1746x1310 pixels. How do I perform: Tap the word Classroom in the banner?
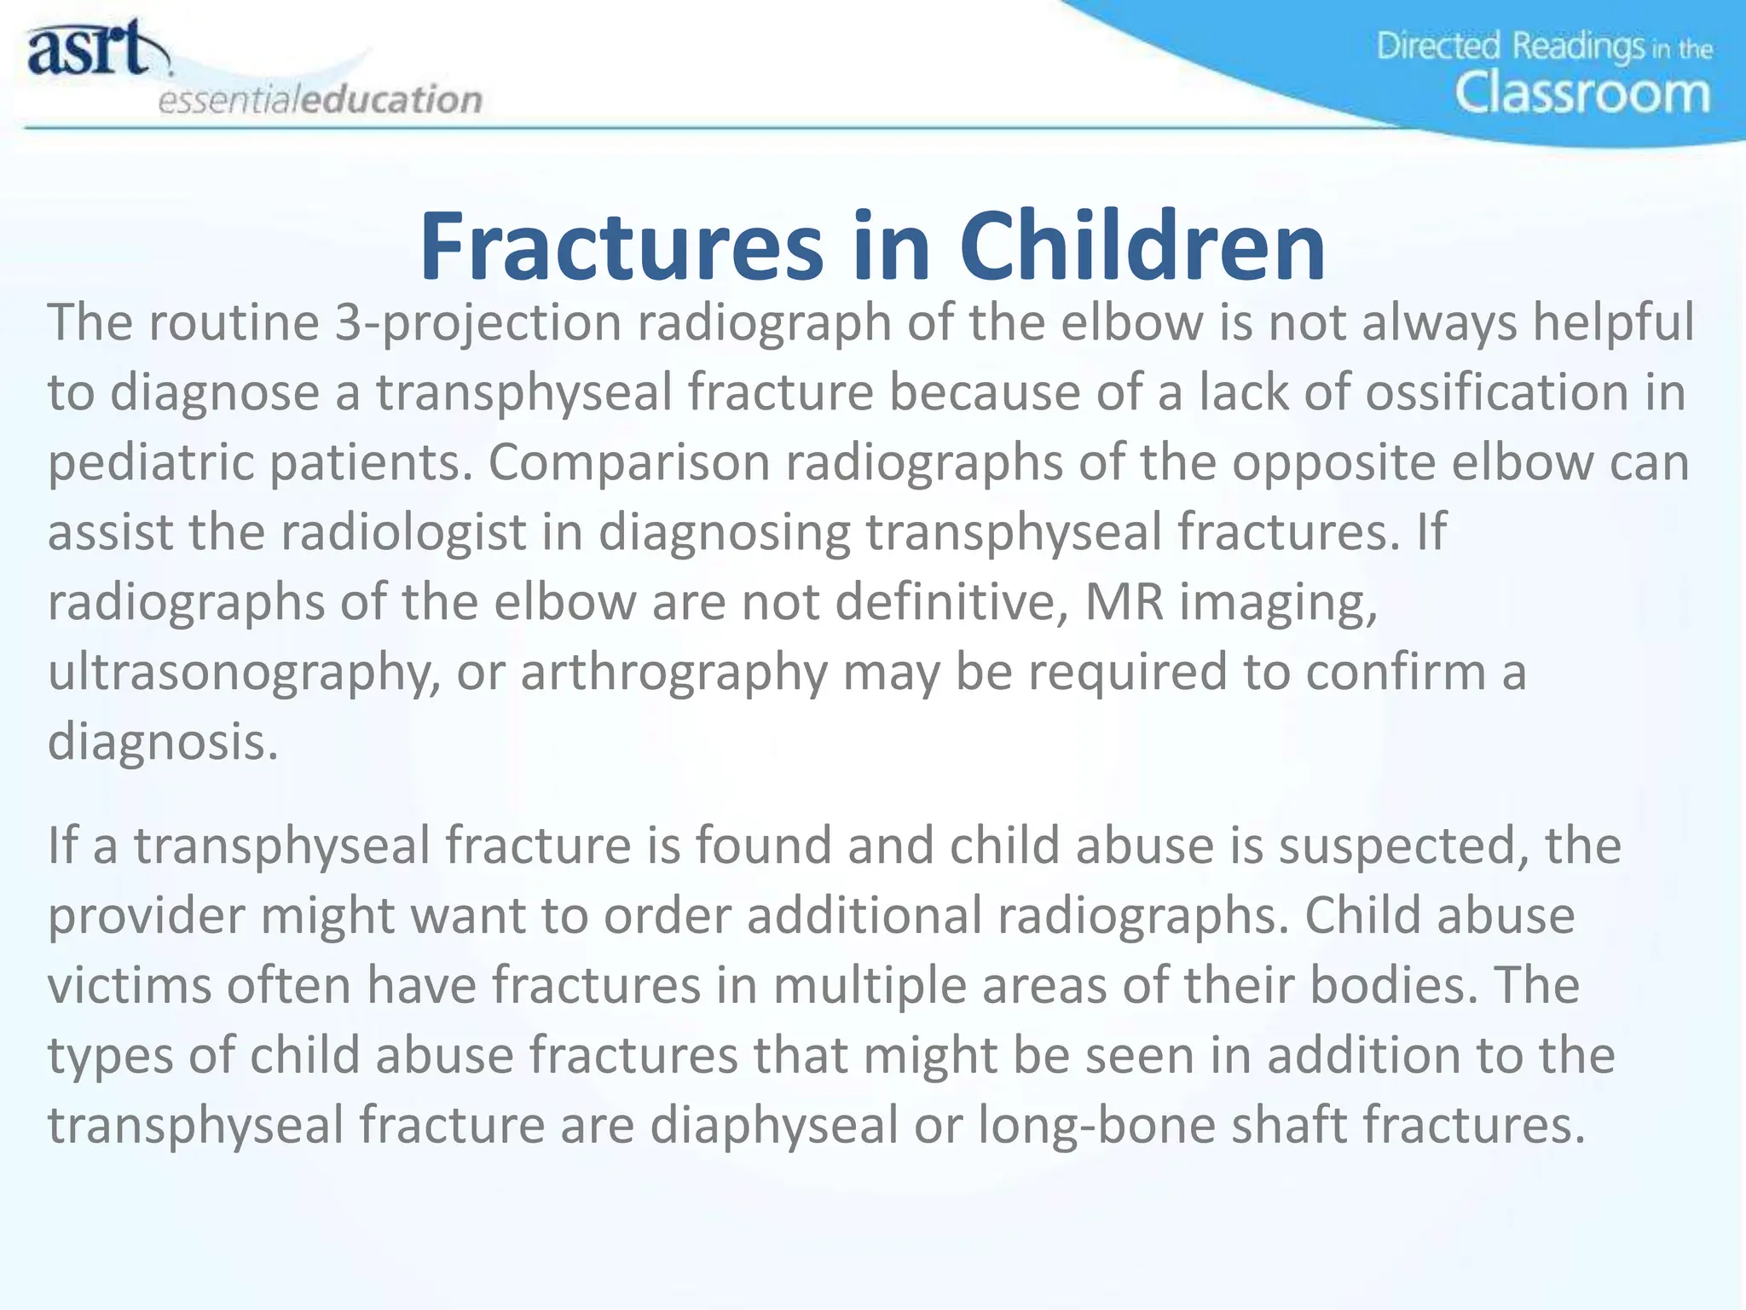pos(1581,93)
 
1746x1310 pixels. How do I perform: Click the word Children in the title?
pos(1142,246)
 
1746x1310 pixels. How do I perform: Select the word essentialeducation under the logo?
pos(321,100)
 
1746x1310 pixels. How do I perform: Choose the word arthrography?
pos(674,673)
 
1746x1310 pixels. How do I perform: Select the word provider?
pos(145,916)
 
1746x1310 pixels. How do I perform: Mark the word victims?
pos(129,986)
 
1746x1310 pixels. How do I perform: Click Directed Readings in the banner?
pos(1509,46)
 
